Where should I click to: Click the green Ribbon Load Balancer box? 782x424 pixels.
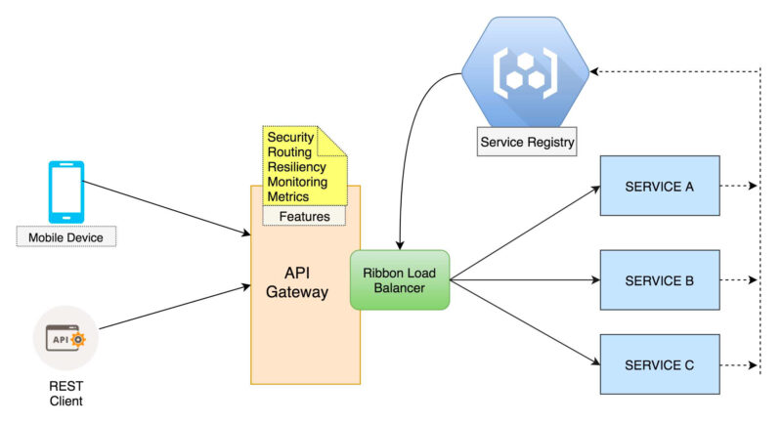(x=400, y=279)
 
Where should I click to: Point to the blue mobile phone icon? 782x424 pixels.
(x=66, y=191)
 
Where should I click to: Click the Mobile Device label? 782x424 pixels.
(x=66, y=236)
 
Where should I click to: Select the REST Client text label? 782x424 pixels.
(x=65, y=393)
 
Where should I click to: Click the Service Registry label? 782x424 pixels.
(x=527, y=143)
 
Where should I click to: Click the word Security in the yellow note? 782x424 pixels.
(x=290, y=138)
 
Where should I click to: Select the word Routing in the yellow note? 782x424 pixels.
(x=289, y=152)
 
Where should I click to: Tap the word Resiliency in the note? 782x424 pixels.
(x=296, y=167)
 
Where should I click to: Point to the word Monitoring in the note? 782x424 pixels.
(x=296, y=182)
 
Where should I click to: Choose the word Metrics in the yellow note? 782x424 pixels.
(x=288, y=196)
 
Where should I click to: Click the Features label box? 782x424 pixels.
(x=304, y=216)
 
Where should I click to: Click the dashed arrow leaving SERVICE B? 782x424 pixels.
(x=738, y=280)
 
